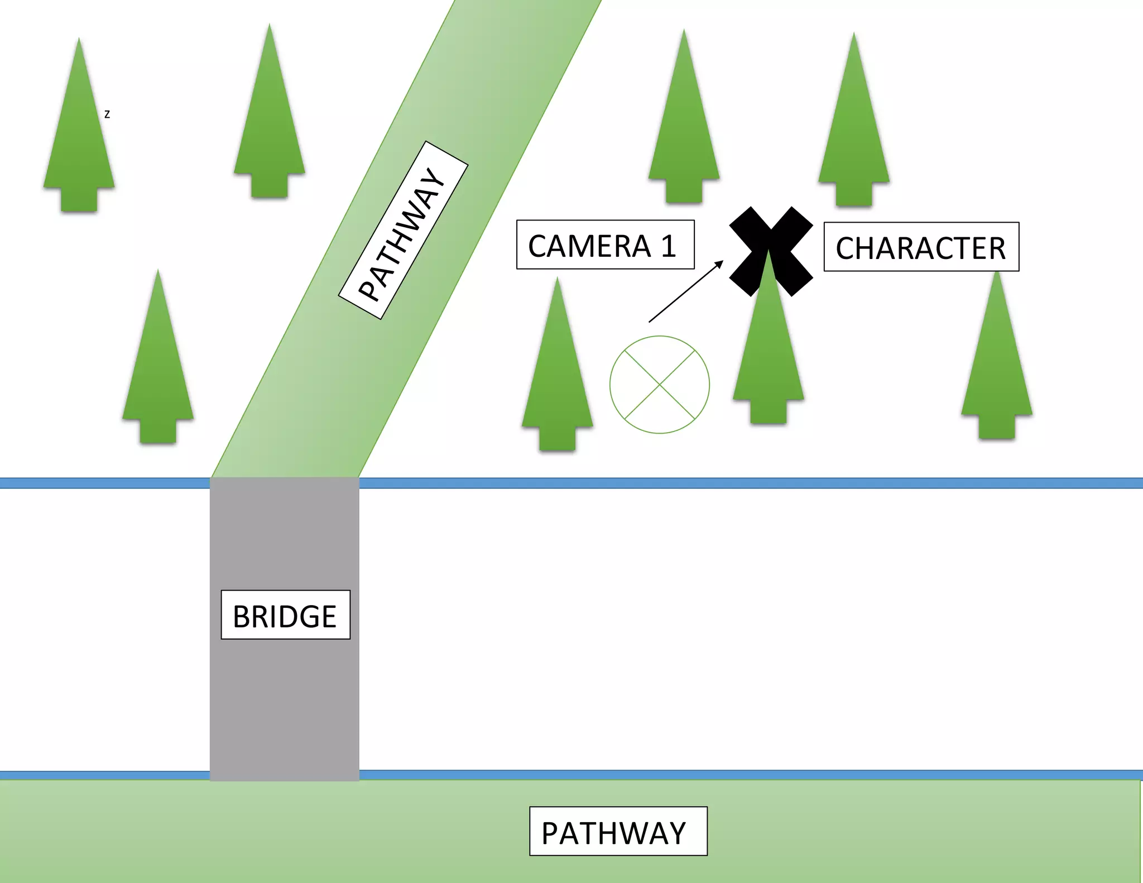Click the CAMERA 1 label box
point(605,244)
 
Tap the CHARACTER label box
point(921,247)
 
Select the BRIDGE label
point(285,615)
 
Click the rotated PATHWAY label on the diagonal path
point(403,230)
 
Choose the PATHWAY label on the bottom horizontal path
point(618,831)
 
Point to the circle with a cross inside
point(659,385)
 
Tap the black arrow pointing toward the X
point(685,291)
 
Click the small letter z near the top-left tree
point(107,114)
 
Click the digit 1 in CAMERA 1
point(668,246)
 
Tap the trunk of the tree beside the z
point(79,199)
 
